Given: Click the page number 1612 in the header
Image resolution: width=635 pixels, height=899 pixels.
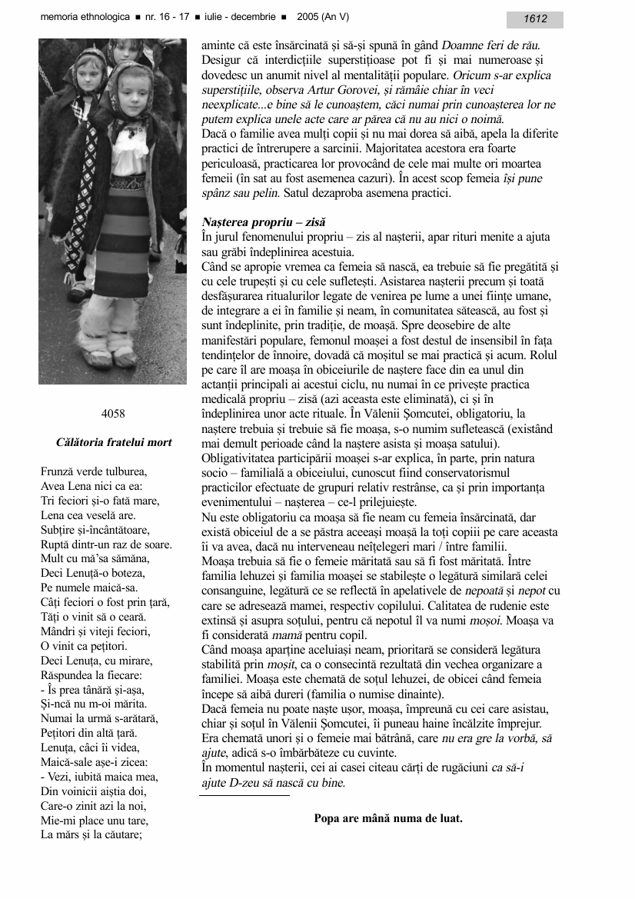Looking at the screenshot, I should point(535,19).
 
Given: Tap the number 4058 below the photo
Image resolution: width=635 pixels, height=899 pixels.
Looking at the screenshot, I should point(113,414).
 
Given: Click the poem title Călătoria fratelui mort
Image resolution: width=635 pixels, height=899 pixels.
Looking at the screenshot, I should point(114,442).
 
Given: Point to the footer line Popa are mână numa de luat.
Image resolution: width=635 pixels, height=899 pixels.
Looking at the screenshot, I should point(388,818).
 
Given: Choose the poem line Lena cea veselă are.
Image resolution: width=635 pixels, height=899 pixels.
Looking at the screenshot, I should point(88,515).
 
